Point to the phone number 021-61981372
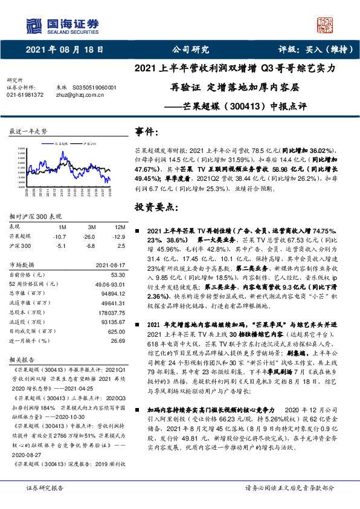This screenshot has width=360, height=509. [25, 95]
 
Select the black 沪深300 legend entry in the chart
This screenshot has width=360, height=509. [89, 145]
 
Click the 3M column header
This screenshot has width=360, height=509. [92, 225]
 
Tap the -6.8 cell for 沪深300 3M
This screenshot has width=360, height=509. [92, 246]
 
